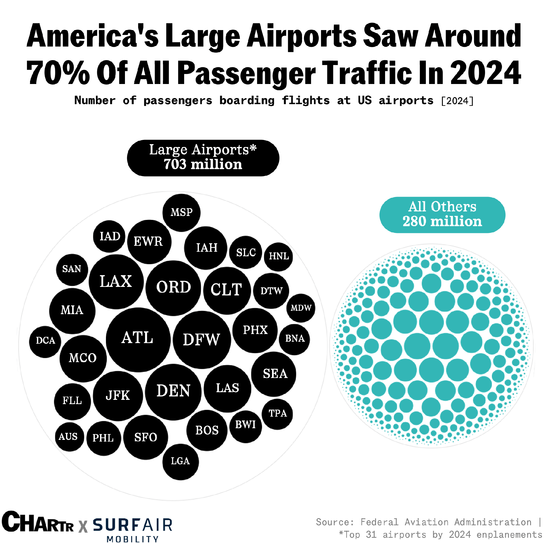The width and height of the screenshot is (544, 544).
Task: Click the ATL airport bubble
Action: point(138,339)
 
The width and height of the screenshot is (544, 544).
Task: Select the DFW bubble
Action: point(202,340)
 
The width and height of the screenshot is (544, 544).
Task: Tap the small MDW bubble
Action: point(301,308)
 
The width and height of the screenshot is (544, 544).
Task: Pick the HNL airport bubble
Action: point(279,257)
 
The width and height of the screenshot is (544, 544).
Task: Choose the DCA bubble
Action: point(45,341)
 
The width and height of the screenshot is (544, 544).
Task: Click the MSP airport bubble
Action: point(181,213)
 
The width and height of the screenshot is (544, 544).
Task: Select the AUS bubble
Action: point(69,437)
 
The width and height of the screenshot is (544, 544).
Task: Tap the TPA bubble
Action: point(277,414)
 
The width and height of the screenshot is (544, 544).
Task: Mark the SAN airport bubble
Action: point(72,269)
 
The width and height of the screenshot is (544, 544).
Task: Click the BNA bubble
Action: point(294,339)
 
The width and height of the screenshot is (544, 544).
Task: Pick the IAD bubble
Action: point(109,236)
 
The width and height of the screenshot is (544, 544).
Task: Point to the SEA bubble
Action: point(274,374)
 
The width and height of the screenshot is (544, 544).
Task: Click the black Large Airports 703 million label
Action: point(203,158)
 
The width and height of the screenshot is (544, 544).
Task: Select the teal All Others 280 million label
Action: point(442,215)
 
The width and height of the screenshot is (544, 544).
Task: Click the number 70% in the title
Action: point(58,73)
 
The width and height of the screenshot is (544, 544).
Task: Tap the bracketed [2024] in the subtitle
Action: point(457,101)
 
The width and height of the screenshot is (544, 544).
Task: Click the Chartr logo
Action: point(37,522)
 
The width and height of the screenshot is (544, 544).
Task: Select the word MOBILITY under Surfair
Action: point(132,539)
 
